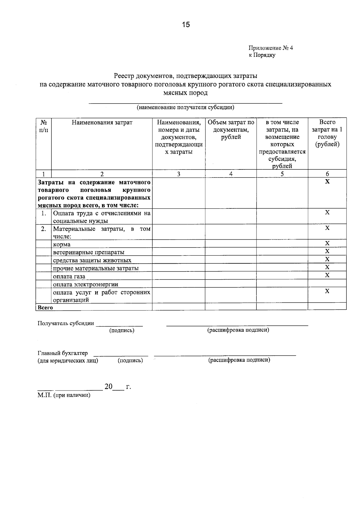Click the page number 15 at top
186,25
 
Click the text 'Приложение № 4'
270,48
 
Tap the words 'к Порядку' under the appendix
262,55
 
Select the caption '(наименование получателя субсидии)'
185,107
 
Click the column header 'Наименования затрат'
102,122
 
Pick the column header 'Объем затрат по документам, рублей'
231,130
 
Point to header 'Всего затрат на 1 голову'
327,133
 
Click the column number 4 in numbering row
231,174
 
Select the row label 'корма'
62,244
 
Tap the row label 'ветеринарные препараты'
88,252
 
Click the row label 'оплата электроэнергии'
85,284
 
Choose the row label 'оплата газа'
69,276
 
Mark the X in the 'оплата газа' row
327,275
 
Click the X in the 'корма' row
327,243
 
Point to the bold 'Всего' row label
45,307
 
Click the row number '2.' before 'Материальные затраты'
43,229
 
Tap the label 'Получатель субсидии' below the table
66,323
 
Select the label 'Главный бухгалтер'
63,353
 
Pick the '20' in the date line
108,387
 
